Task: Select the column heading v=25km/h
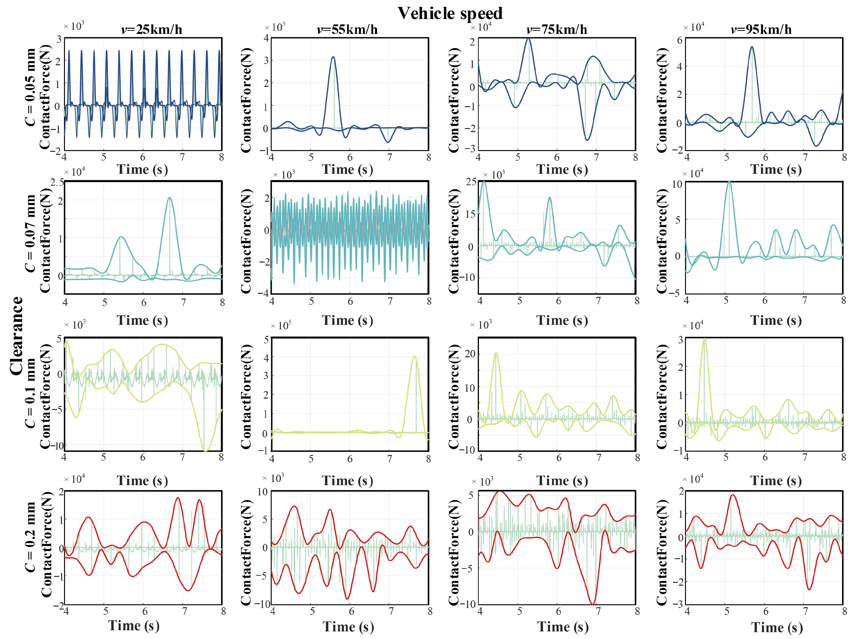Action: coord(152,29)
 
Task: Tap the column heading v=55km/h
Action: coord(347,29)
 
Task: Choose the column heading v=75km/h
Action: coord(557,29)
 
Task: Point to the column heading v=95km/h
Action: coord(761,29)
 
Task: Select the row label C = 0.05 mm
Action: coord(30,88)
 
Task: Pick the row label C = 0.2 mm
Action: coord(30,537)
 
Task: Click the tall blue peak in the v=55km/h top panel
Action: coord(333,57)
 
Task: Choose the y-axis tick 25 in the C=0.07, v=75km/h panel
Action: coord(471,182)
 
